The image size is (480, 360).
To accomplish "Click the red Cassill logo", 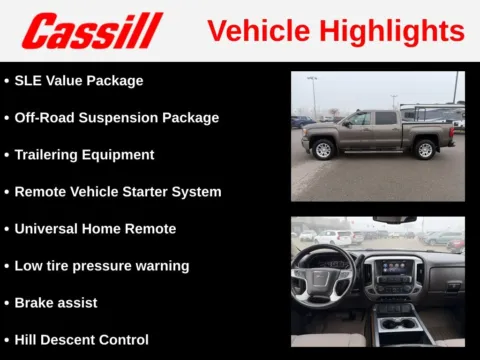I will pyautogui.click(x=92, y=31).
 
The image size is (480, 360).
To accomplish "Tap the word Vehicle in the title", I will pyautogui.click(x=254, y=31).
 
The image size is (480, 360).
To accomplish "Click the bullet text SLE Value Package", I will pyautogui.click(x=79, y=81).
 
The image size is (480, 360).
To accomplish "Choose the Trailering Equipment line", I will pyautogui.click(x=84, y=155).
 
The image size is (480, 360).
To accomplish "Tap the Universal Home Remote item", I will pyautogui.click(x=95, y=229).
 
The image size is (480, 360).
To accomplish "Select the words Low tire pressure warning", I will pyautogui.click(x=101, y=266).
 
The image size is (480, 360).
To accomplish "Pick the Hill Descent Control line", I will pyautogui.click(x=81, y=340).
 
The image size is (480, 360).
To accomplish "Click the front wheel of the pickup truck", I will pyautogui.click(x=323, y=150).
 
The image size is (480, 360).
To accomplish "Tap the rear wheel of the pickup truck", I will pyautogui.click(x=425, y=150).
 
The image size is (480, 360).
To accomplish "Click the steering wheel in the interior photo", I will pyautogui.click(x=322, y=275).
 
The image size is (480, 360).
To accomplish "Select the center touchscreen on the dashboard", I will pyautogui.click(x=393, y=270).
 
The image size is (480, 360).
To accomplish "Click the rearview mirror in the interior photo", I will pyautogui.click(x=394, y=220).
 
